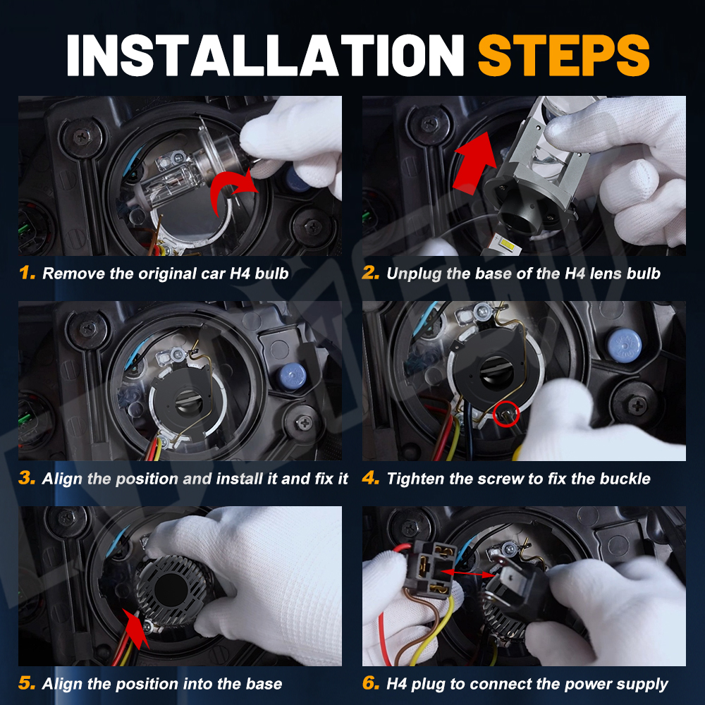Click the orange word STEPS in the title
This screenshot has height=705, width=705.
tap(564, 55)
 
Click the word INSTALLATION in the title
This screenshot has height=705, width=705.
tap(265, 55)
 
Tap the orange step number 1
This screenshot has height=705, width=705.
tap(27, 272)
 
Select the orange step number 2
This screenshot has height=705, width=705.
tap(371, 272)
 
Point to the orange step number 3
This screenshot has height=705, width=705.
tap(27, 478)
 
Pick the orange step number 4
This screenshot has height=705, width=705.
tap(371, 478)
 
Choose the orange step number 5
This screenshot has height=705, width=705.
tap(27, 683)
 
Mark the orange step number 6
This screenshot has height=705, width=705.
tap(371, 683)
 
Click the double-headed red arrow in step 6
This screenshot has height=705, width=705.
tap(468, 573)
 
